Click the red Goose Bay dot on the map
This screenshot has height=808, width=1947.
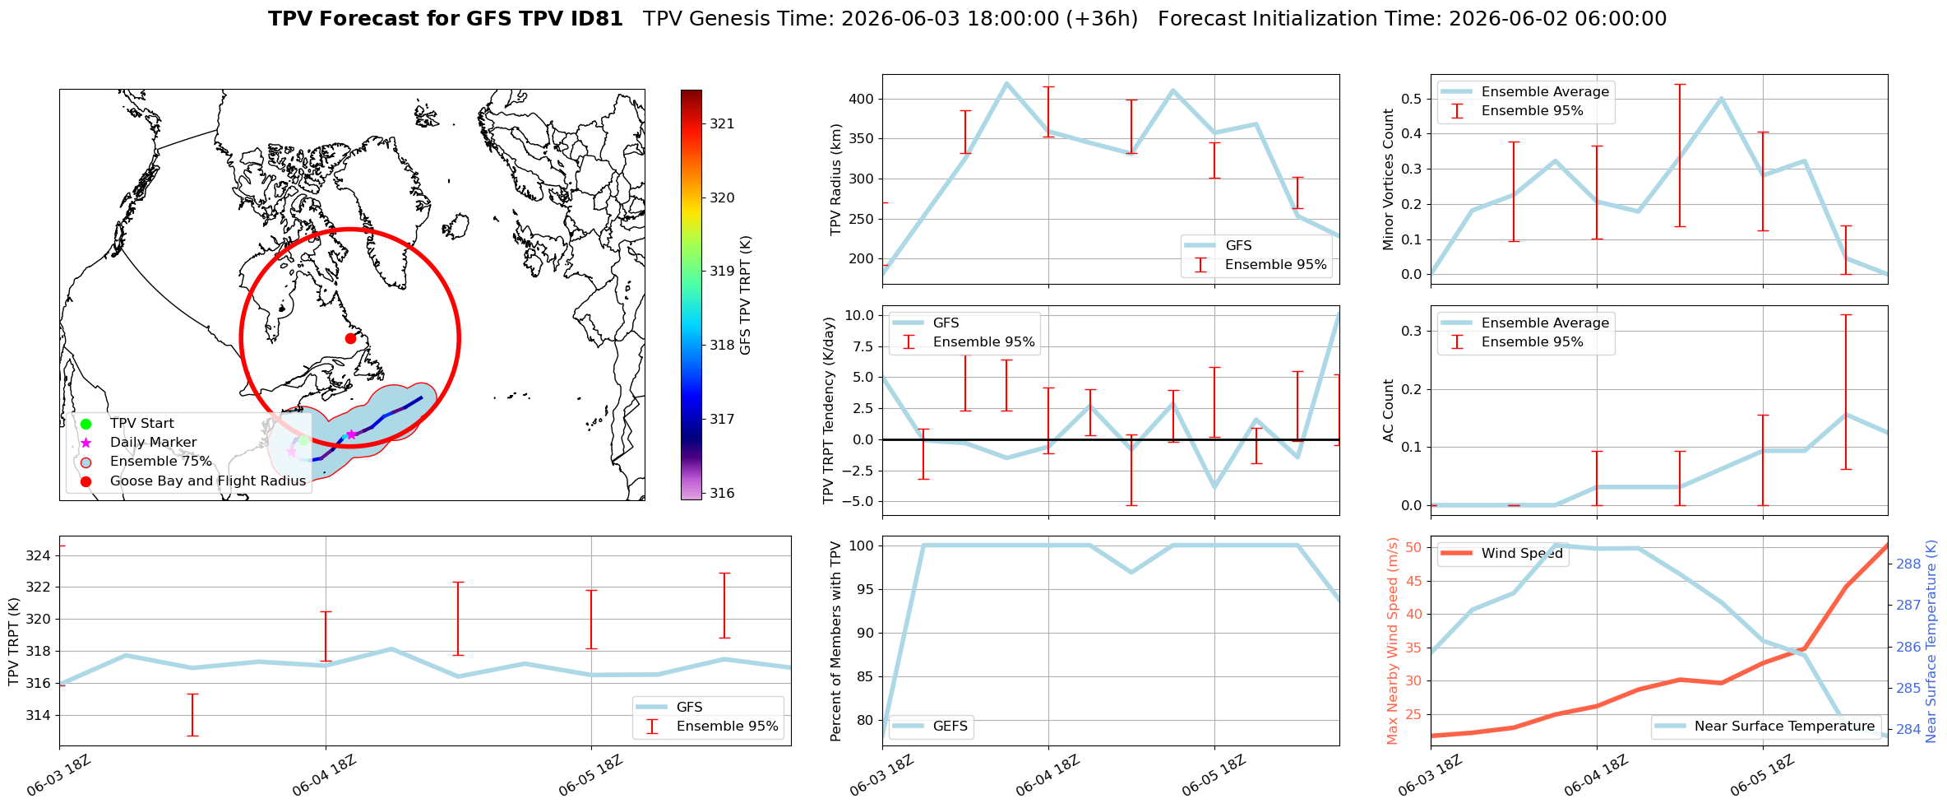[x=350, y=338]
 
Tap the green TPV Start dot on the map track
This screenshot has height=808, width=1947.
[x=303, y=441]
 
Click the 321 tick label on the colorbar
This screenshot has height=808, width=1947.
[x=722, y=123]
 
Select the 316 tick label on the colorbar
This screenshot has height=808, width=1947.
[x=722, y=493]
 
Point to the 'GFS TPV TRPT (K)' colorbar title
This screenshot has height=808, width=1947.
[x=746, y=295]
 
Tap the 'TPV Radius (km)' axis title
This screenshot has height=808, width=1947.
[x=836, y=179]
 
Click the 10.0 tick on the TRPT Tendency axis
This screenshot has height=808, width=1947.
[x=858, y=315]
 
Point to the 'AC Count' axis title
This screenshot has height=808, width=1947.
[x=1389, y=411]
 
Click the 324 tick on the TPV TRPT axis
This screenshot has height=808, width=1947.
[x=39, y=555]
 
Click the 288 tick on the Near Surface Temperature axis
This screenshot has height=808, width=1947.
[x=1908, y=564]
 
